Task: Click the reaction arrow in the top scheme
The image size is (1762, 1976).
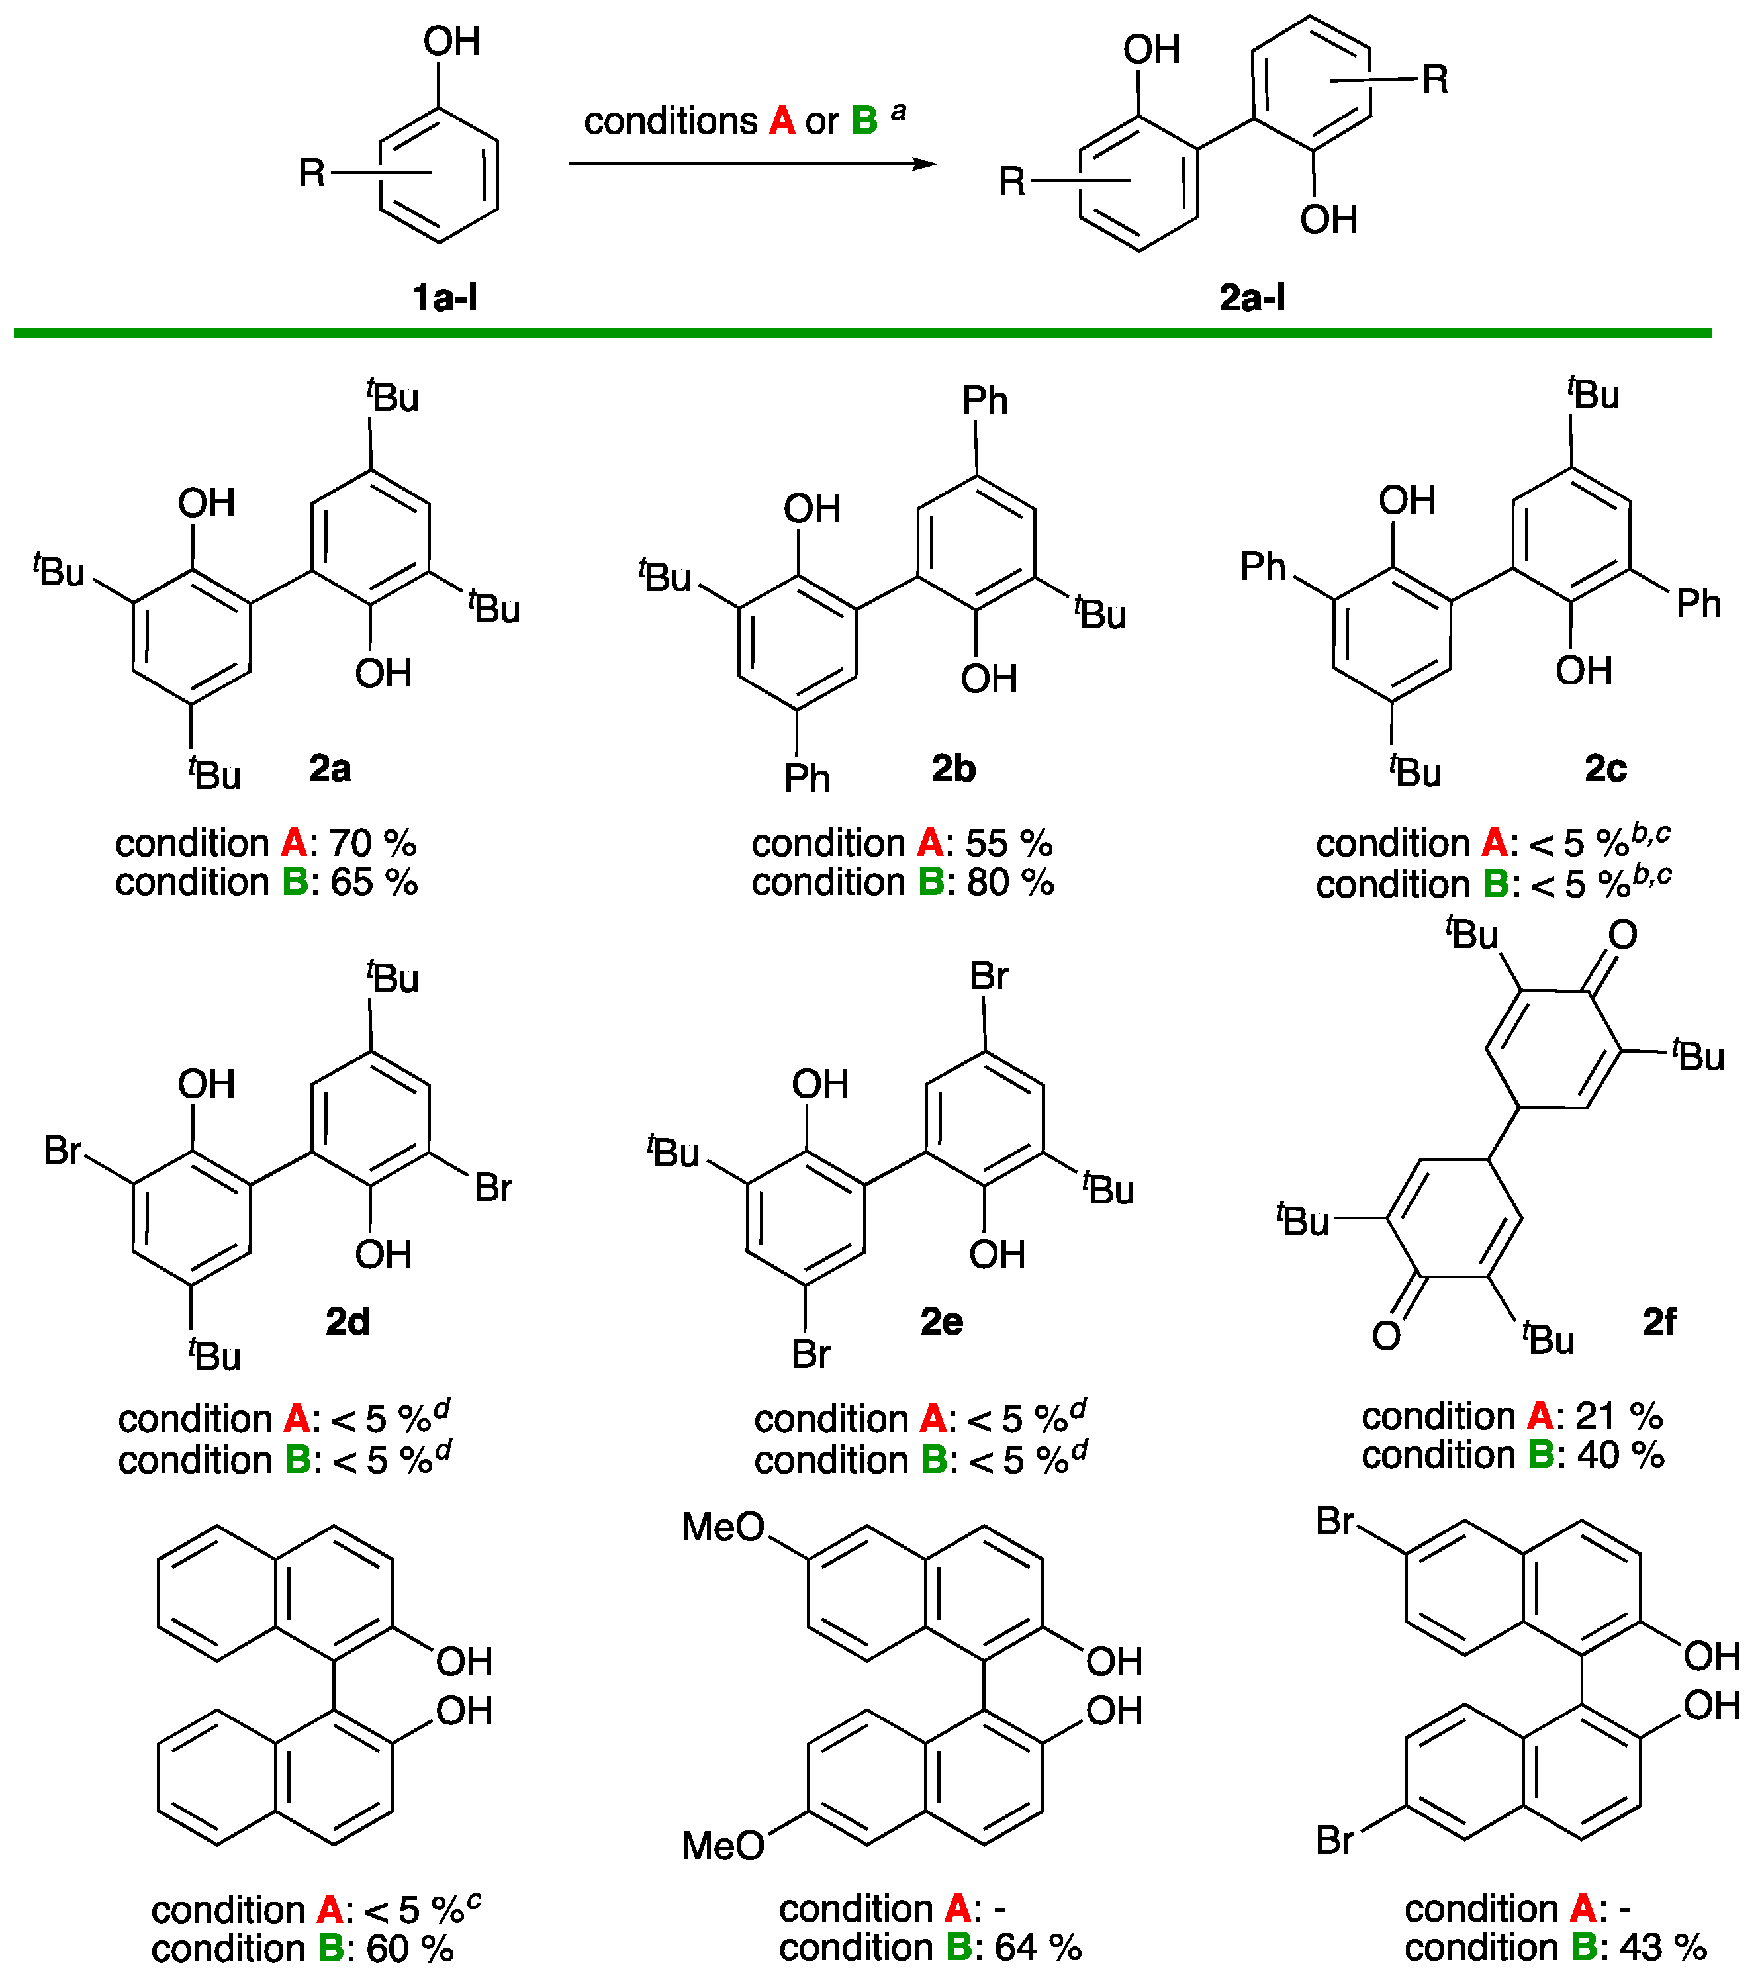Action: tap(752, 164)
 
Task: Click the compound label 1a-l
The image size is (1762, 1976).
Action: tap(444, 297)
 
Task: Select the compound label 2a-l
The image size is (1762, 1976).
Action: tap(1252, 297)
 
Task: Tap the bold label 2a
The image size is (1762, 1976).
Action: tap(330, 769)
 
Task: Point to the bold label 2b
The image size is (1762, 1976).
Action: tap(954, 769)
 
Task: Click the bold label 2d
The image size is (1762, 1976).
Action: tap(348, 1321)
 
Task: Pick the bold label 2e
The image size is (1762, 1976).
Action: tap(942, 1321)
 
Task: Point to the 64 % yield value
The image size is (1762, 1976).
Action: tap(1038, 1947)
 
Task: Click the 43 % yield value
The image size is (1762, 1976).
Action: tap(1663, 1947)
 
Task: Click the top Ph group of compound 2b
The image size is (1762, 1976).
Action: tap(985, 400)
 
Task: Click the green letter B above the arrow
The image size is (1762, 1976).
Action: tap(864, 121)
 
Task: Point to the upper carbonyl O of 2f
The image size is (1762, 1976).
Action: tap(1622, 935)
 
